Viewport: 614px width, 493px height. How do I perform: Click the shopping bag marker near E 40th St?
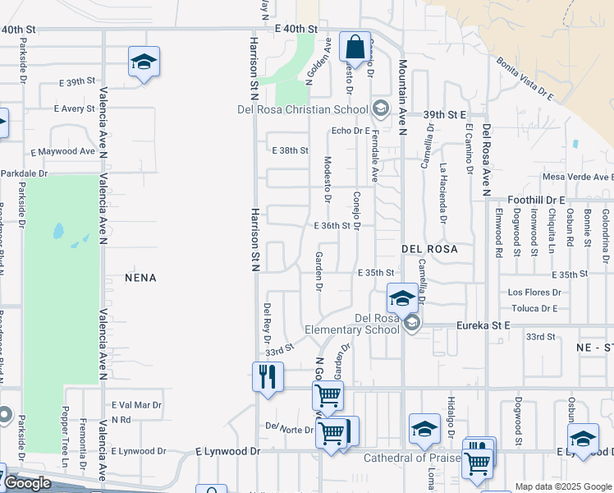[355, 47]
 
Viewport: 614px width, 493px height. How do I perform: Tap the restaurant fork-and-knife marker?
[268, 377]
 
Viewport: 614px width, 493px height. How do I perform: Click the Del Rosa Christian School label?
[315, 109]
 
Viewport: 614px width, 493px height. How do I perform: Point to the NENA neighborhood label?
[140, 279]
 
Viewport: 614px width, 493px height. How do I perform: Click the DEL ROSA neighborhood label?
[428, 247]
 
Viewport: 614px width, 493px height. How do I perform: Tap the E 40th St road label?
[294, 29]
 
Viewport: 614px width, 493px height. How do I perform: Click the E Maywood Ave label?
[63, 151]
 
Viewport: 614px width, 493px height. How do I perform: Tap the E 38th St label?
[290, 150]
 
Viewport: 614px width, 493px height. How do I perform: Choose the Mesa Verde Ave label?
[577, 177]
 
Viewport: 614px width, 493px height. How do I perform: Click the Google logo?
[28, 483]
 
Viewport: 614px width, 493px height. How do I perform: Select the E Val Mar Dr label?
[136, 405]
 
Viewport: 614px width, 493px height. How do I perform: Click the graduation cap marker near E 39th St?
[144, 62]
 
